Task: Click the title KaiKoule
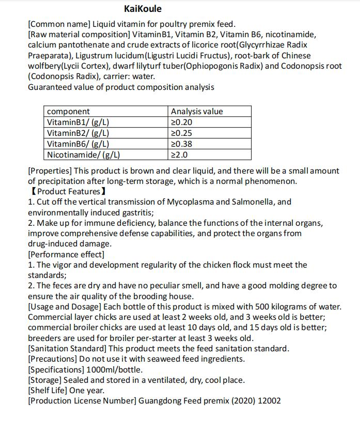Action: (143, 9)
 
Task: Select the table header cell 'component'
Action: (68, 112)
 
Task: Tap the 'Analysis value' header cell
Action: (197, 112)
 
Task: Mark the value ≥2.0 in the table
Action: (179, 154)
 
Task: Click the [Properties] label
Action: (50, 171)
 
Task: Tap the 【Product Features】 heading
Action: (68, 192)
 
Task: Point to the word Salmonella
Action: (257, 202)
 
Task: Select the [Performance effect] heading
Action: (66, 254)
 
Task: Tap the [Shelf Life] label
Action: (51, 391)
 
